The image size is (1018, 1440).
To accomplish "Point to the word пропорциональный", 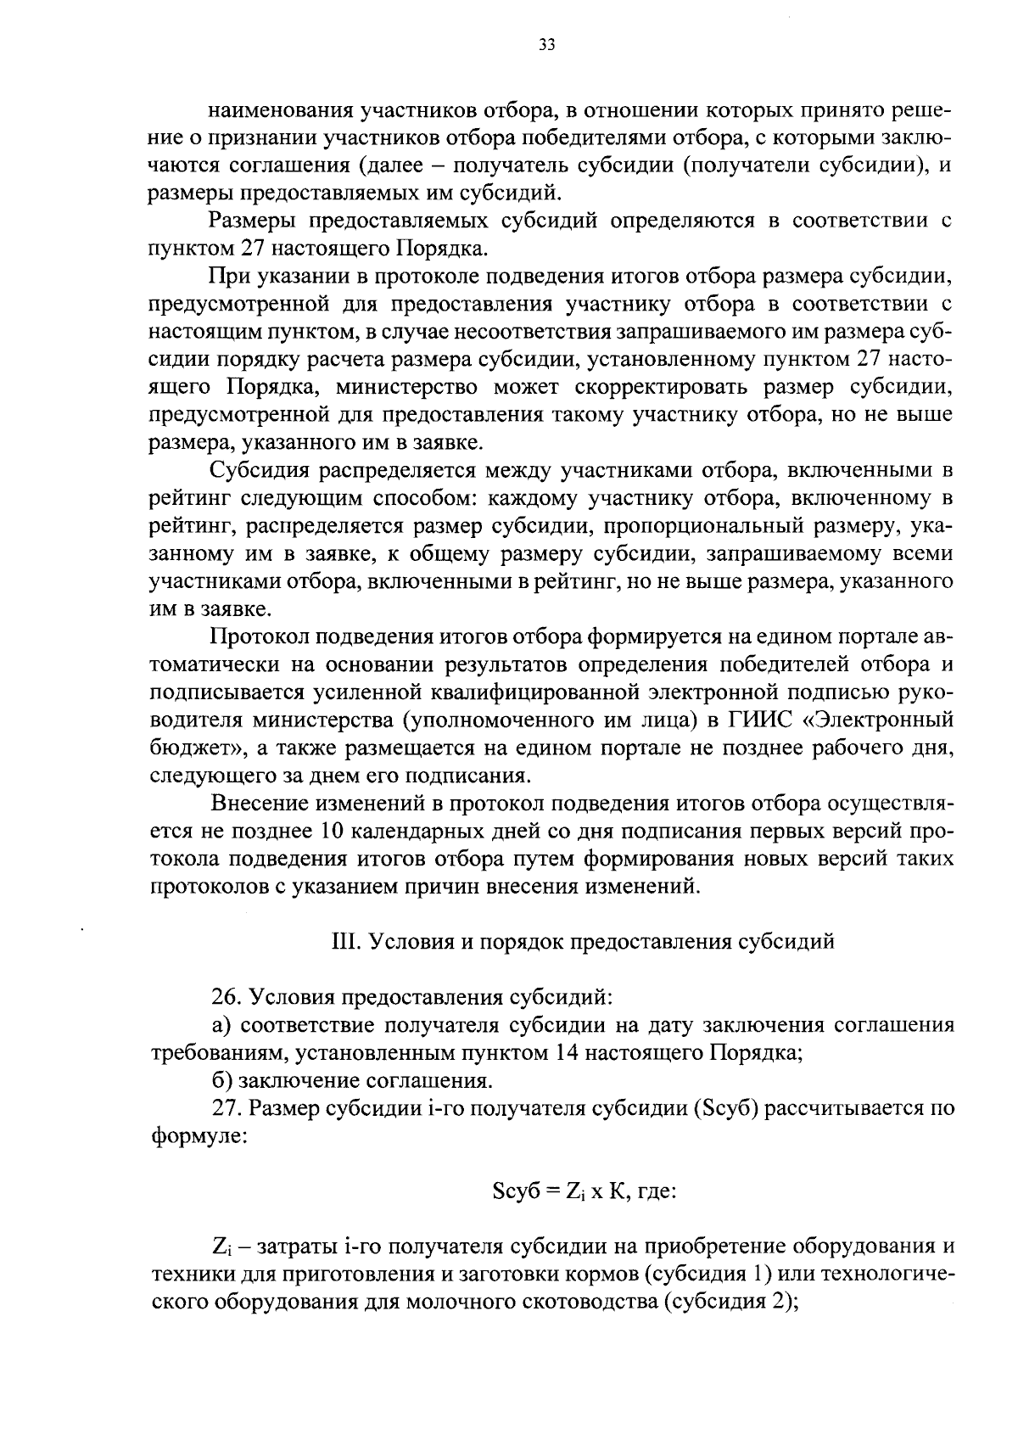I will point(702,526).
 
